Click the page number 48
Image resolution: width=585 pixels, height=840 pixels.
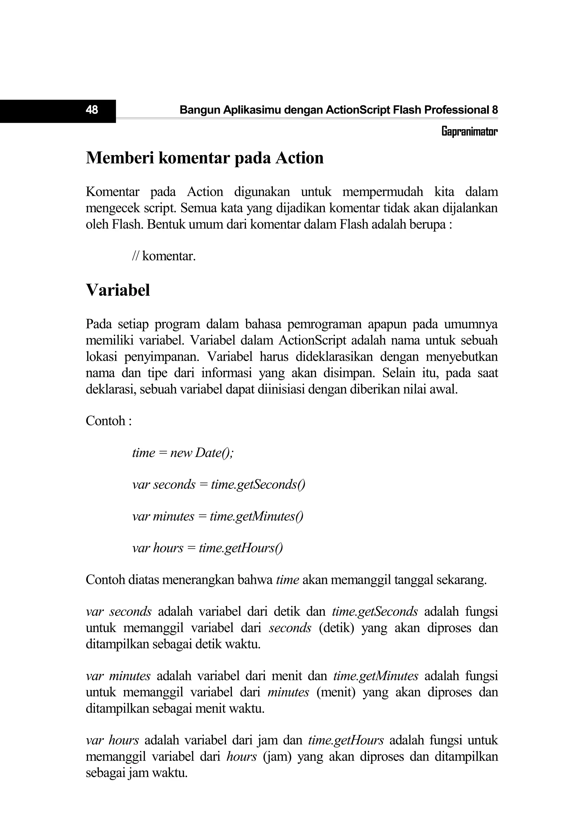click(x=92, y=110)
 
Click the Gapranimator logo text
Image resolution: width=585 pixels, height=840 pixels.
click(x=469, y=131)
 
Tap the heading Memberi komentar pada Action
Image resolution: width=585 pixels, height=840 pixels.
click(x=205, y=158)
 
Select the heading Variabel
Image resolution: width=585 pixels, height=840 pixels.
click(x=118, y=290)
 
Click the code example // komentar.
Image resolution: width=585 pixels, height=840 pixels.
click(x=164, y=256)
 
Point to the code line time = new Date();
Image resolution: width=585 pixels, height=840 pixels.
click(x=183, y=453)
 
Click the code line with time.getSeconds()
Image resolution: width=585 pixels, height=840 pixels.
click(x=219, y=484)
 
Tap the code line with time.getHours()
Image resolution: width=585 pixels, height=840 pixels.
click(x=207, y=548)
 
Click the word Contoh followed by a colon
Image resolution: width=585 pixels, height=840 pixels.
click(x=108, y=421)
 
